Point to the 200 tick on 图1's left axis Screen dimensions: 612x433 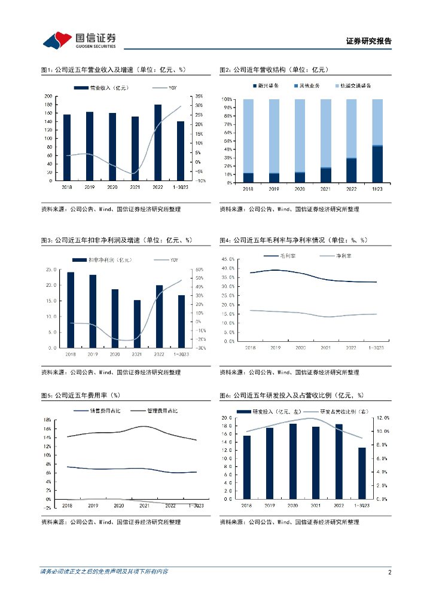pos(49,96)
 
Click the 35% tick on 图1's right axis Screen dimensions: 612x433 pos(199,96)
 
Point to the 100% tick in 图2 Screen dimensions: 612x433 pos(227,99)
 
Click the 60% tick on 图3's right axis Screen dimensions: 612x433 pos(200,270)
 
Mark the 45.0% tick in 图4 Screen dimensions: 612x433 pos(227,259)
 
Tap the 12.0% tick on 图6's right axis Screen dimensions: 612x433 pos(382,418)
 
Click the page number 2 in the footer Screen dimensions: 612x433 pos(389,572)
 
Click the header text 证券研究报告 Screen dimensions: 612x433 pos(368,41)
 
